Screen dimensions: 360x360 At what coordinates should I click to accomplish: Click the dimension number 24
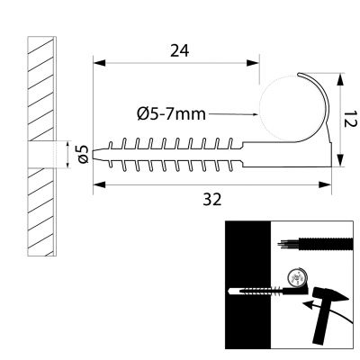pyautogui.click(x=180, y=50)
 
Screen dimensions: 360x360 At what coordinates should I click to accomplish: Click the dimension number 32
pyautogui.click(x=212, y=199)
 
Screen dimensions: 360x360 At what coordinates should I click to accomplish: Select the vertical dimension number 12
pyautogui.click(x=350, y=119)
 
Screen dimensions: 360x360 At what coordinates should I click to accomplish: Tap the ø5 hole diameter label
pyautogui.click(x=83, y=154)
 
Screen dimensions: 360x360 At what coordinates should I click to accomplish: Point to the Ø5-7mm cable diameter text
pyautogui.click(x=172, y=114)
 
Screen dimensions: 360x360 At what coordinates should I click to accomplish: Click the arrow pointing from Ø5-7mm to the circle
pyautogui.click(x=233, y=114)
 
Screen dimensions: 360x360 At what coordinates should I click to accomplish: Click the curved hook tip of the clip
pyautogui.click(x=299, y=74)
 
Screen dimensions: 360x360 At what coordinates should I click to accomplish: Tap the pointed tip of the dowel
pyautogui.click(x=94, y=155)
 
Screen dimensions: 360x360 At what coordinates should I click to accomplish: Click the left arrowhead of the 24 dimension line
pyautogui.click(x=99, y=63)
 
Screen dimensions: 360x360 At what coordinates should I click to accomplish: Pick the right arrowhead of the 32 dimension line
pyautogui.click(x=325, y=184)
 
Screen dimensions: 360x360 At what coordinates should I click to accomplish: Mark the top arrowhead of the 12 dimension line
pyautogui.click(x=340, y=80)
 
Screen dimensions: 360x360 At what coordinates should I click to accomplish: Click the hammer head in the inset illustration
pyautogui.click(x=330, y=295)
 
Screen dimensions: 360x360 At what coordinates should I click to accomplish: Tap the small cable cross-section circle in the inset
pyautogui.click(x=297, y=277)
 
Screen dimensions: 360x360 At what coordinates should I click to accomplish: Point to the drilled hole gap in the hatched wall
pyautogui.click(x=41, y=155)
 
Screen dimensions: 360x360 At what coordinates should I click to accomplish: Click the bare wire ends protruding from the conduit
pyautogui.click(x=288, y=243)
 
